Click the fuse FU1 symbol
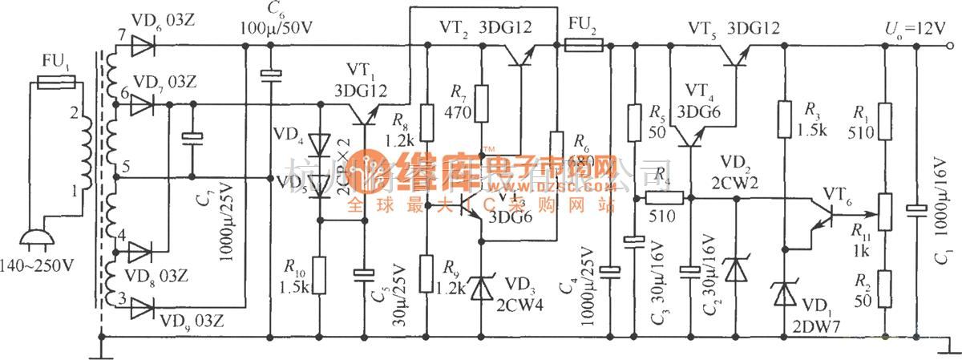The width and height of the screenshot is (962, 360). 57,81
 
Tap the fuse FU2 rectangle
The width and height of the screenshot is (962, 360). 584,46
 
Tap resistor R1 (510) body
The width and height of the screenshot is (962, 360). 885,122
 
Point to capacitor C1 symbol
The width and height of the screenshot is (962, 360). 916,210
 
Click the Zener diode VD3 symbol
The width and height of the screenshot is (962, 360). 482,285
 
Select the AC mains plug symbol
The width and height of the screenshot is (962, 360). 33,239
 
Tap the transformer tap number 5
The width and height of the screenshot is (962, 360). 125,168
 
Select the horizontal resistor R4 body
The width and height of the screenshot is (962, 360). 666,197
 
